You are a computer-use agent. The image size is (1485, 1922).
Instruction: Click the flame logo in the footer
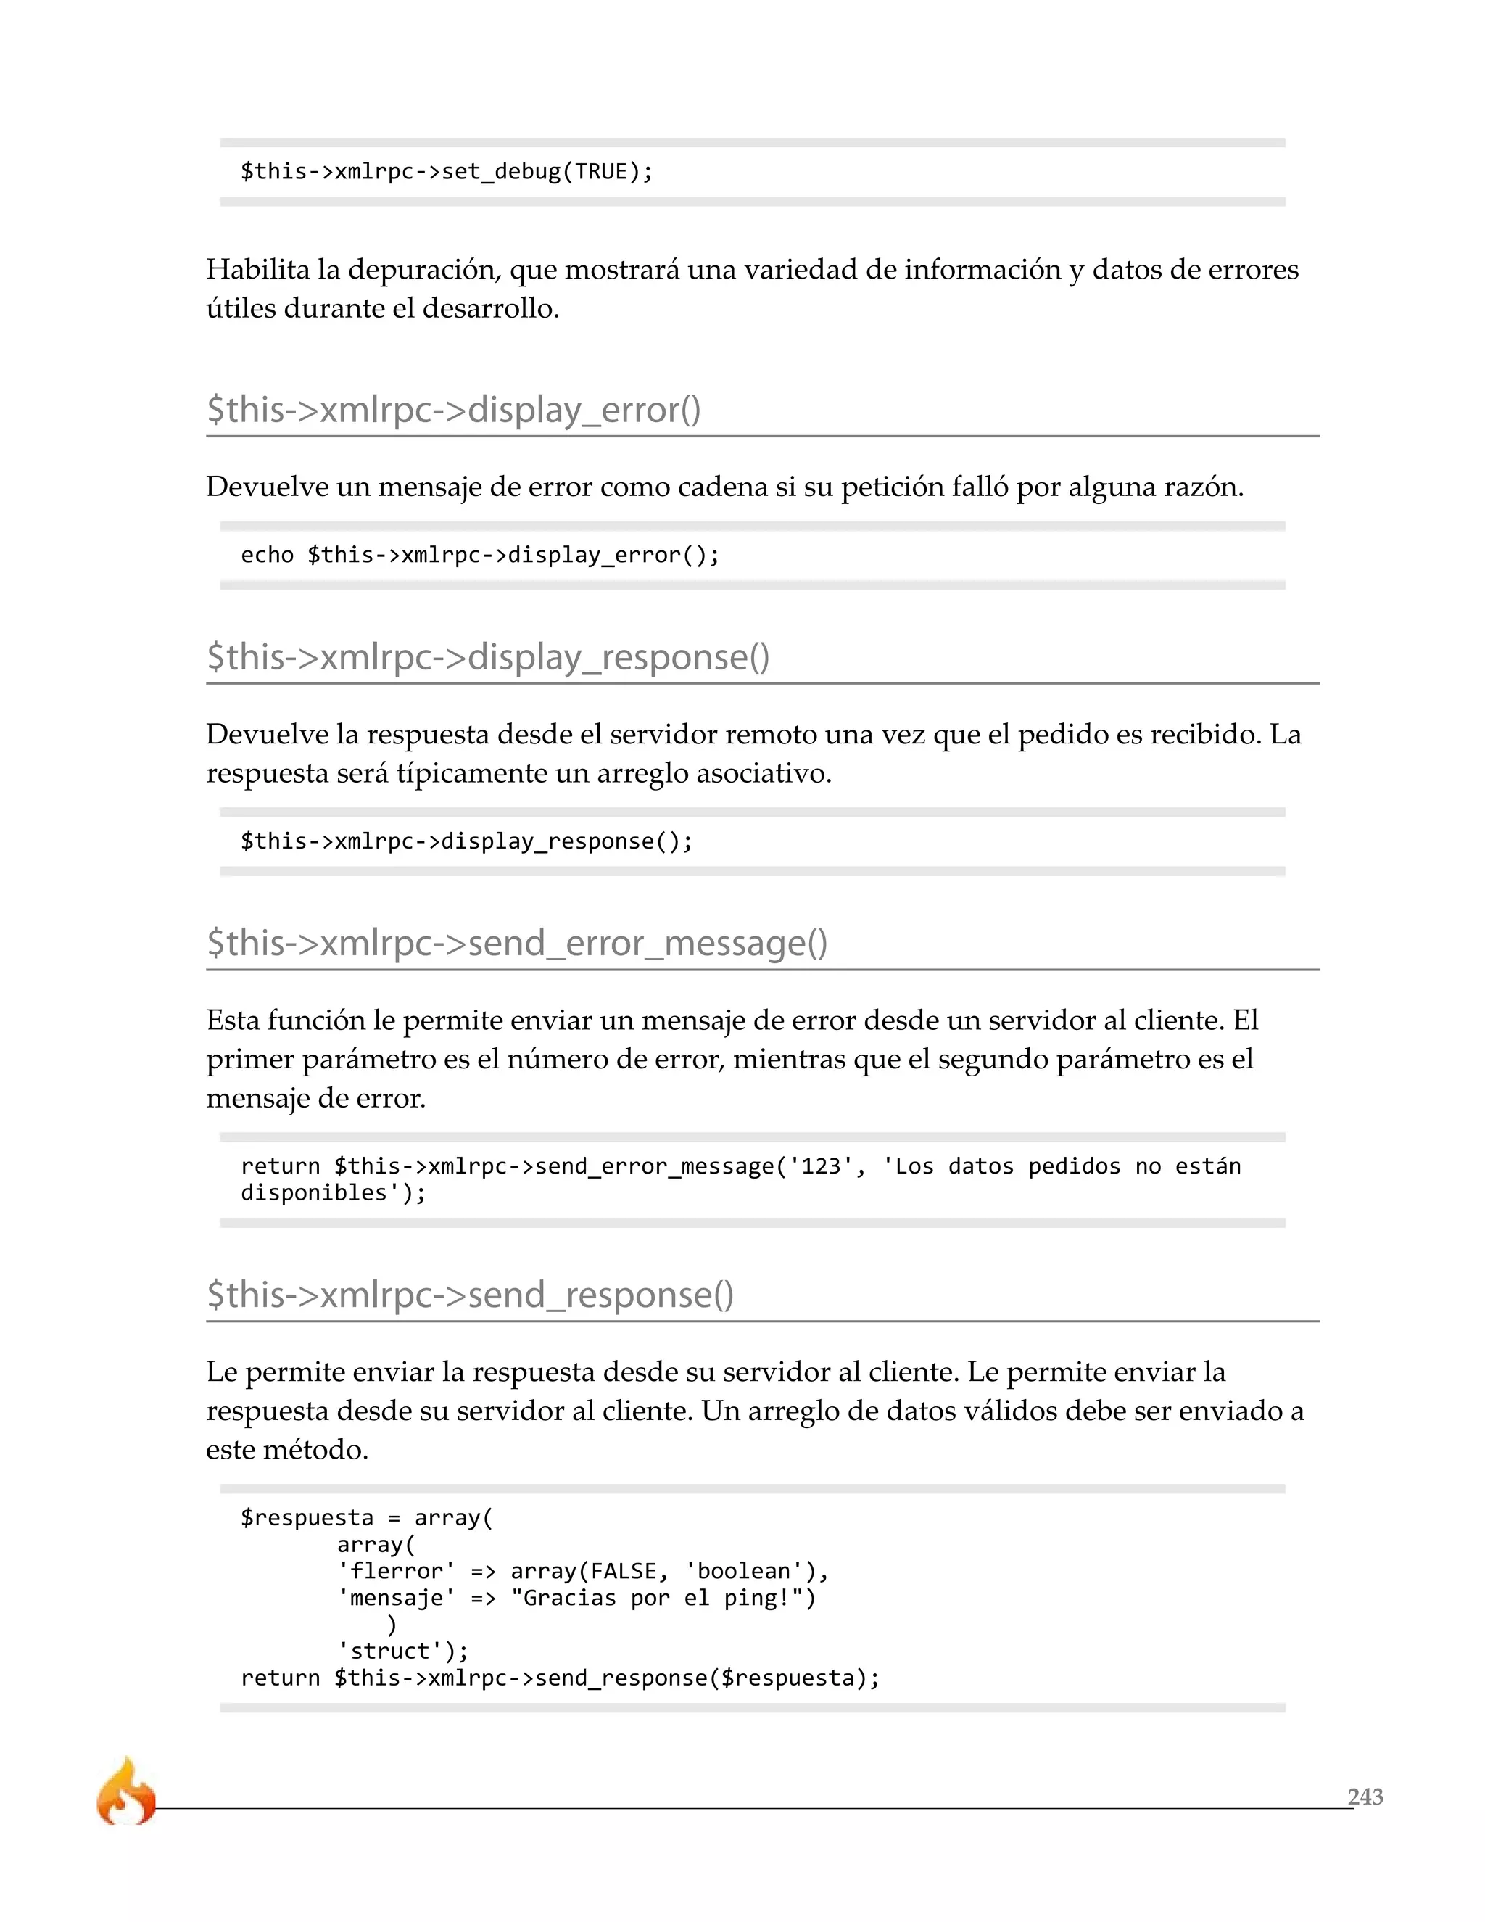pos(125,1791)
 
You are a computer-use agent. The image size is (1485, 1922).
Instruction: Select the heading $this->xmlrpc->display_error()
pos(453,410)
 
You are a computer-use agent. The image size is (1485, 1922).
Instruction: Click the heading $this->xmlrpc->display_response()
pos(487,657)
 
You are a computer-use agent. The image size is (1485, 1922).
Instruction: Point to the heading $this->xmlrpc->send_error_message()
pos(516,944)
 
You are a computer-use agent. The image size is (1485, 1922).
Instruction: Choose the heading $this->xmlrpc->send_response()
pos(470,1295)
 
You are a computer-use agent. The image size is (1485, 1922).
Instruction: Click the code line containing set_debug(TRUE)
pos(447,172)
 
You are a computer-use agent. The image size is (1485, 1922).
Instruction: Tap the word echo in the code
pos(267,556)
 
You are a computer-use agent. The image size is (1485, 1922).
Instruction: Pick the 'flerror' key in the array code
pos(396,1572)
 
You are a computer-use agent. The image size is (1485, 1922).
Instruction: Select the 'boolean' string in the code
pos(744,1572)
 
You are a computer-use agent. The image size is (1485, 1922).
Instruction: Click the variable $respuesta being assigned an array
pos(307,1518)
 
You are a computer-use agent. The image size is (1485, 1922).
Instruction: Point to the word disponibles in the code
pos(314,1193)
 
